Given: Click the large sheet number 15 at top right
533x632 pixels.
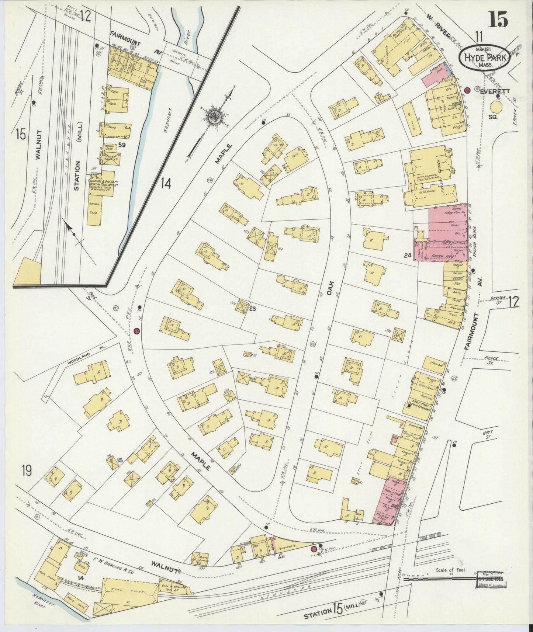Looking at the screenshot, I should (x=498, y=19).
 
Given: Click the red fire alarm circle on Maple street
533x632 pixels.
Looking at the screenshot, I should (x=137, y=330).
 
